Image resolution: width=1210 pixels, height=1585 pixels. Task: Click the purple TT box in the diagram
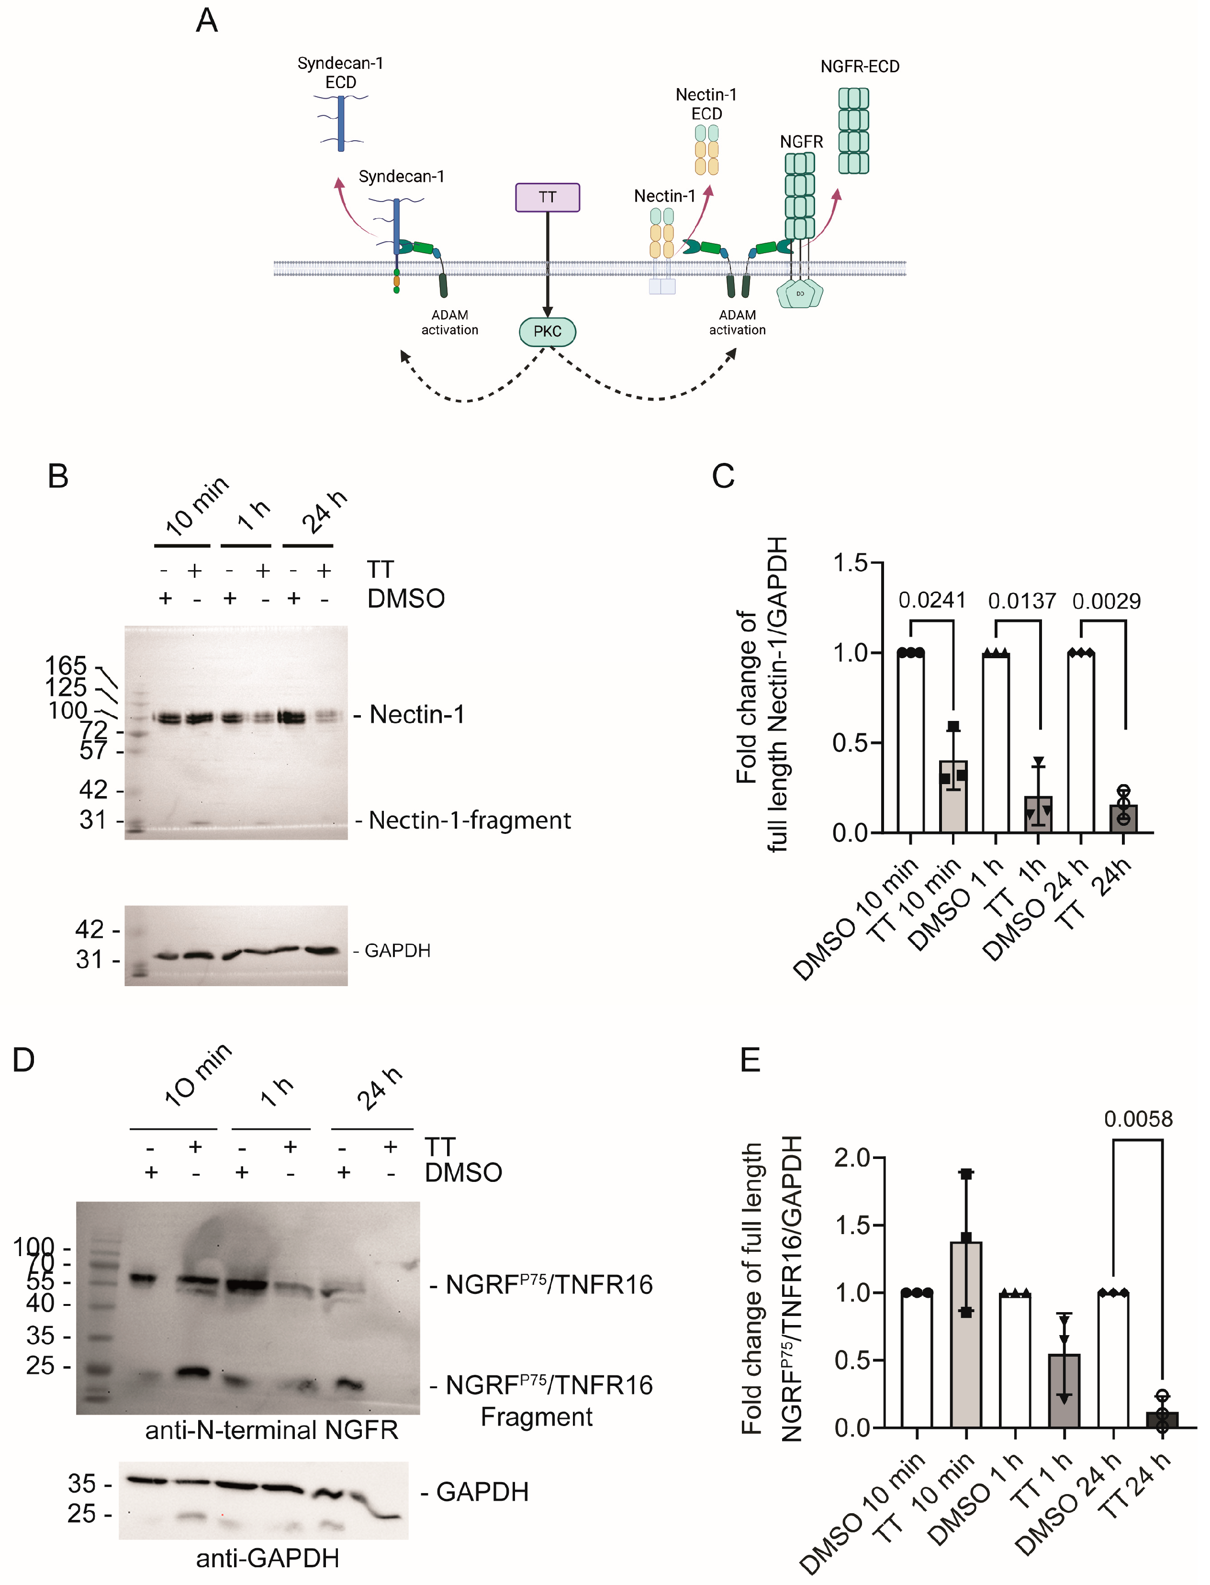(548, 197)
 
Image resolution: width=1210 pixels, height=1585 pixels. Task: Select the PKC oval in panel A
(548, 331)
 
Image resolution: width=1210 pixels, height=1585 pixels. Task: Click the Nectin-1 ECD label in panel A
(706, 104)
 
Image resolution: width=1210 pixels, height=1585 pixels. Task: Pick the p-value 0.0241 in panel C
(931, 600)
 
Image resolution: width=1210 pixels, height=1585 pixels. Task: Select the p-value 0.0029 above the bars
(1106, 601)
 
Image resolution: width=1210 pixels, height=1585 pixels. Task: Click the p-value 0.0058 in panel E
(1138, 1119)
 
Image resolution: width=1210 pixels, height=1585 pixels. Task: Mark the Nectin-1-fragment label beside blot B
(470, 820)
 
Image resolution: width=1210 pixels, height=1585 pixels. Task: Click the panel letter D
(24, 1060)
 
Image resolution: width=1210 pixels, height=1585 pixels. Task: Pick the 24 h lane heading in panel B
(324, 512)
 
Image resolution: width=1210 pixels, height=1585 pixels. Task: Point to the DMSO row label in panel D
(463, 1172)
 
